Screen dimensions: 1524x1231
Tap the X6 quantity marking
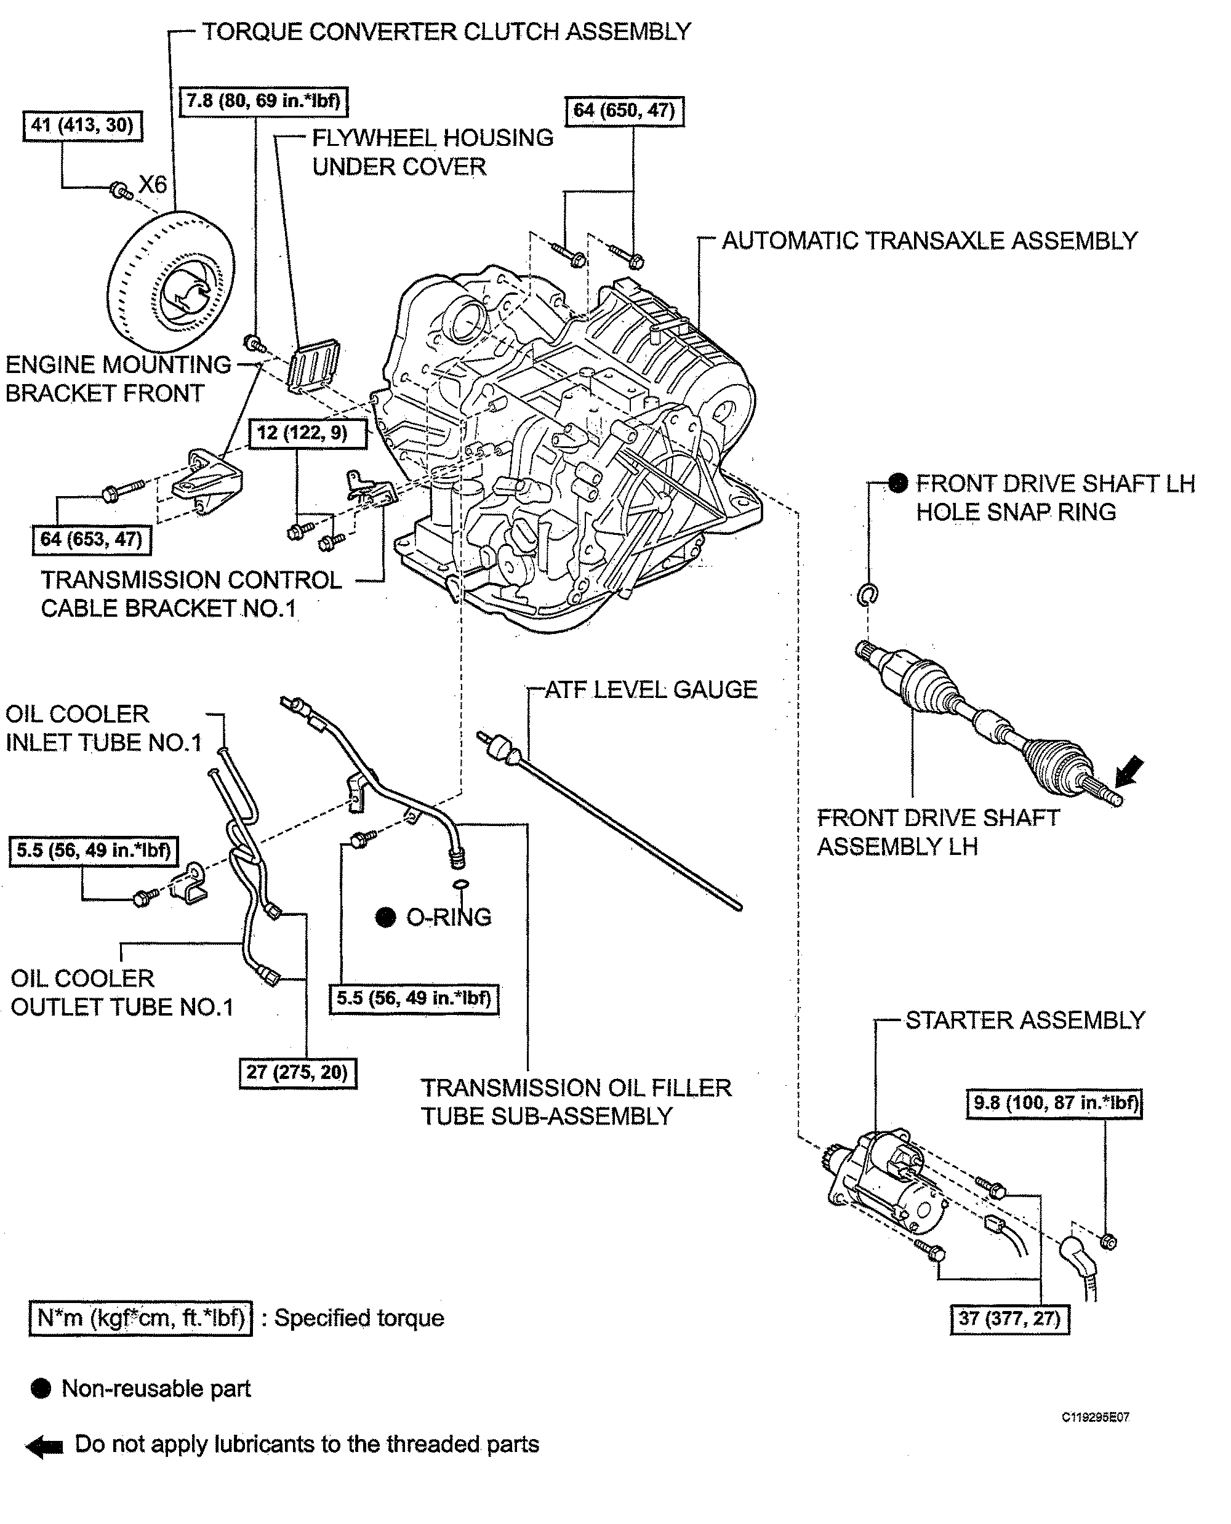(153, 185)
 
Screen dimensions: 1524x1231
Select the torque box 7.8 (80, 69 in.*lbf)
(263, 101)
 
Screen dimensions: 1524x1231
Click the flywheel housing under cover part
(313, 364)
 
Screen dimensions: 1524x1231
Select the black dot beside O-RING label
(385, 917)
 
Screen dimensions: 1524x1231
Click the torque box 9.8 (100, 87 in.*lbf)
(1054, 1103)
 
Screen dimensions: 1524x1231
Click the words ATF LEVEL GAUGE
(650, 689)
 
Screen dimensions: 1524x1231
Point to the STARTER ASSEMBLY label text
(1025, 1020)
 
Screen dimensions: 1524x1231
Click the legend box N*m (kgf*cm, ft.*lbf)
(140, 1318)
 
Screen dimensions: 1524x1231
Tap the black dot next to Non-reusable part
(41, 1389)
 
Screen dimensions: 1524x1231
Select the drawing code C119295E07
(1095, 1417)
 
